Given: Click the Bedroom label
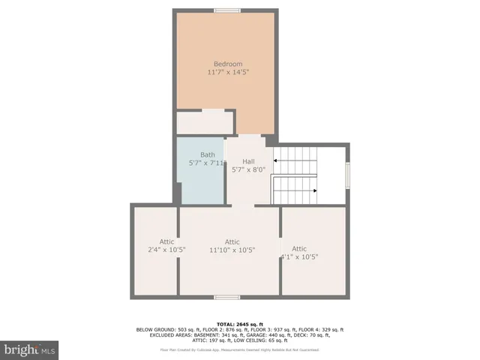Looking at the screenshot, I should [x=227, y=63].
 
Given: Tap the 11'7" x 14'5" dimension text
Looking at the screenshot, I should [x=227, y=72].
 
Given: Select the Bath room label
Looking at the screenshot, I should [x=207, y=154].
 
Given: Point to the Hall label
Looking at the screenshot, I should [x=248, y=160].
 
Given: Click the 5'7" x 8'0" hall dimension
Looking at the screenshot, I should [x=248, y=169].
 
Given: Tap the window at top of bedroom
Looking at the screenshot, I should [x=227, y=10].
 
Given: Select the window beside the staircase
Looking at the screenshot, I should [x=347, y=175].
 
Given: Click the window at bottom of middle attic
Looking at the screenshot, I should [x=227, y=297].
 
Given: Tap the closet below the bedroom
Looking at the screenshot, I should [x=205, y=122].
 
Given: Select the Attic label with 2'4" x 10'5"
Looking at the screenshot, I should [x=166, y=241].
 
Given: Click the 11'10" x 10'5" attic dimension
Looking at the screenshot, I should [x=232, y=250].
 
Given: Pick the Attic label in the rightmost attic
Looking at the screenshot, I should [x=299, y=248].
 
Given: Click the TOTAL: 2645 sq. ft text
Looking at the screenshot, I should [x=239, y=324].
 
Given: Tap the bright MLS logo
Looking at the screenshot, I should [x=30, y=349].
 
